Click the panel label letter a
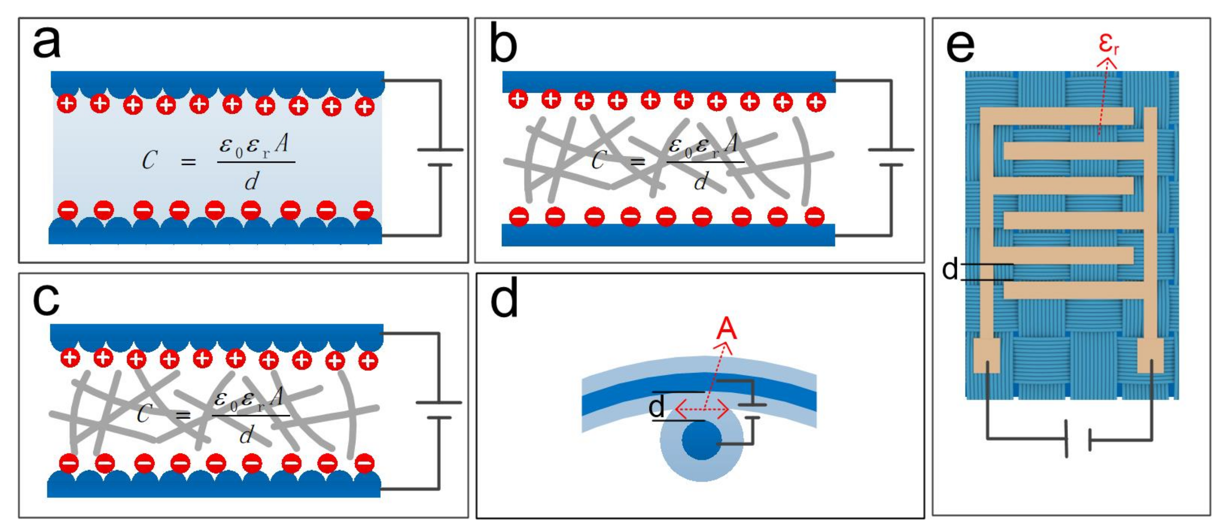[46, 43]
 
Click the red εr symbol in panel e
[1108, 43]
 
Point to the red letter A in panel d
[727, 329]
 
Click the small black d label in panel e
[950, 270]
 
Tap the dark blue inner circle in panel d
[702, 441]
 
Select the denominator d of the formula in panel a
[252, 181]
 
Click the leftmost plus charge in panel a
[67, 103]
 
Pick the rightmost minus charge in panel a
[364, 210]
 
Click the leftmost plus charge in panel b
[518, 99]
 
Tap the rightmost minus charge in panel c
[365, 463]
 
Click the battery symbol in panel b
[891, 157]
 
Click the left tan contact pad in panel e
[986, 355]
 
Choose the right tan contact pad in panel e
[1150, 355]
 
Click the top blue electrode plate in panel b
[669, 82]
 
